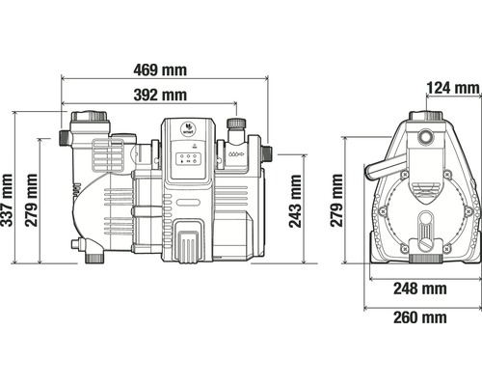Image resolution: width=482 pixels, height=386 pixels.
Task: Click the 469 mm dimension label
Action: point(160,69)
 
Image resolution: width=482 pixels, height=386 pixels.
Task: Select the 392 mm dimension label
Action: point(160,95)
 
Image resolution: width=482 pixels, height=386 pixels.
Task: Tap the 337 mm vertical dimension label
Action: point(7,200)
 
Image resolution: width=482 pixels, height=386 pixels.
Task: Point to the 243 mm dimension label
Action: point(295,201)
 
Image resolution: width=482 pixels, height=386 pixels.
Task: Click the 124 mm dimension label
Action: point(453,88)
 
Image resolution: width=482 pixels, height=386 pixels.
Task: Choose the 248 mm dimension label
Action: point(420,289)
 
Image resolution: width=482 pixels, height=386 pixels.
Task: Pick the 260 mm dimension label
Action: point(420,317)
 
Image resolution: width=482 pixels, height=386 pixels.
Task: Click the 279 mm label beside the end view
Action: point(336,200)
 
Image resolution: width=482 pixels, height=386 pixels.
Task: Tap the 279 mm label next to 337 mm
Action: point(31,200)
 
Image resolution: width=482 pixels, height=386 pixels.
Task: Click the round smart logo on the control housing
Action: point(187,128)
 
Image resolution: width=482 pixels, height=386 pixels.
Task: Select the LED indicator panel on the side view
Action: point(188,158)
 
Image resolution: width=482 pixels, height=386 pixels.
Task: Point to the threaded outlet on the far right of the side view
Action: point(266,154)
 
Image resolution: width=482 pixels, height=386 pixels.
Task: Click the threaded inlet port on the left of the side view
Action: point(65,138)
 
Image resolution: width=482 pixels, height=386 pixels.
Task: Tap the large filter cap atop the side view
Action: point(89,117)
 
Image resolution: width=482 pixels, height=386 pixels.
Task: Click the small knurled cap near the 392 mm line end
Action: point(236,123)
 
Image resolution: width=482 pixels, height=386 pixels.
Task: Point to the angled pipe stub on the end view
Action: point(385,166)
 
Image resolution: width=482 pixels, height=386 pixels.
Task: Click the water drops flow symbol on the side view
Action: point(236,154)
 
